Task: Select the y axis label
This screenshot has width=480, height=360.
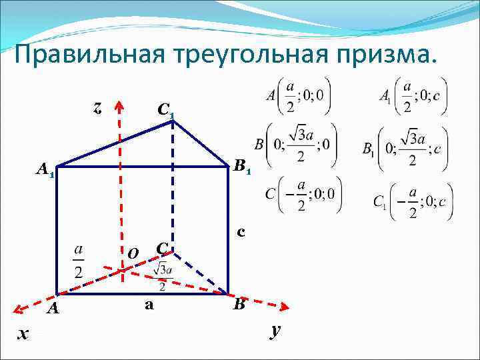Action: (274, 330)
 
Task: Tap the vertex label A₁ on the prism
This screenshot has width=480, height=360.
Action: (45, 171)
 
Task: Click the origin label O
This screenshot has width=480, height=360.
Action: (133, 253)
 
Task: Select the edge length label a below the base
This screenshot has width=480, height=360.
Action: (149, 305)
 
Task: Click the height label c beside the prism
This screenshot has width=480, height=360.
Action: (241, 232)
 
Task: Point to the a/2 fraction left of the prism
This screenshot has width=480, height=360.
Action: (79, 261)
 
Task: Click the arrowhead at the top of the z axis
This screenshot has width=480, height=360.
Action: (120, 107)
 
